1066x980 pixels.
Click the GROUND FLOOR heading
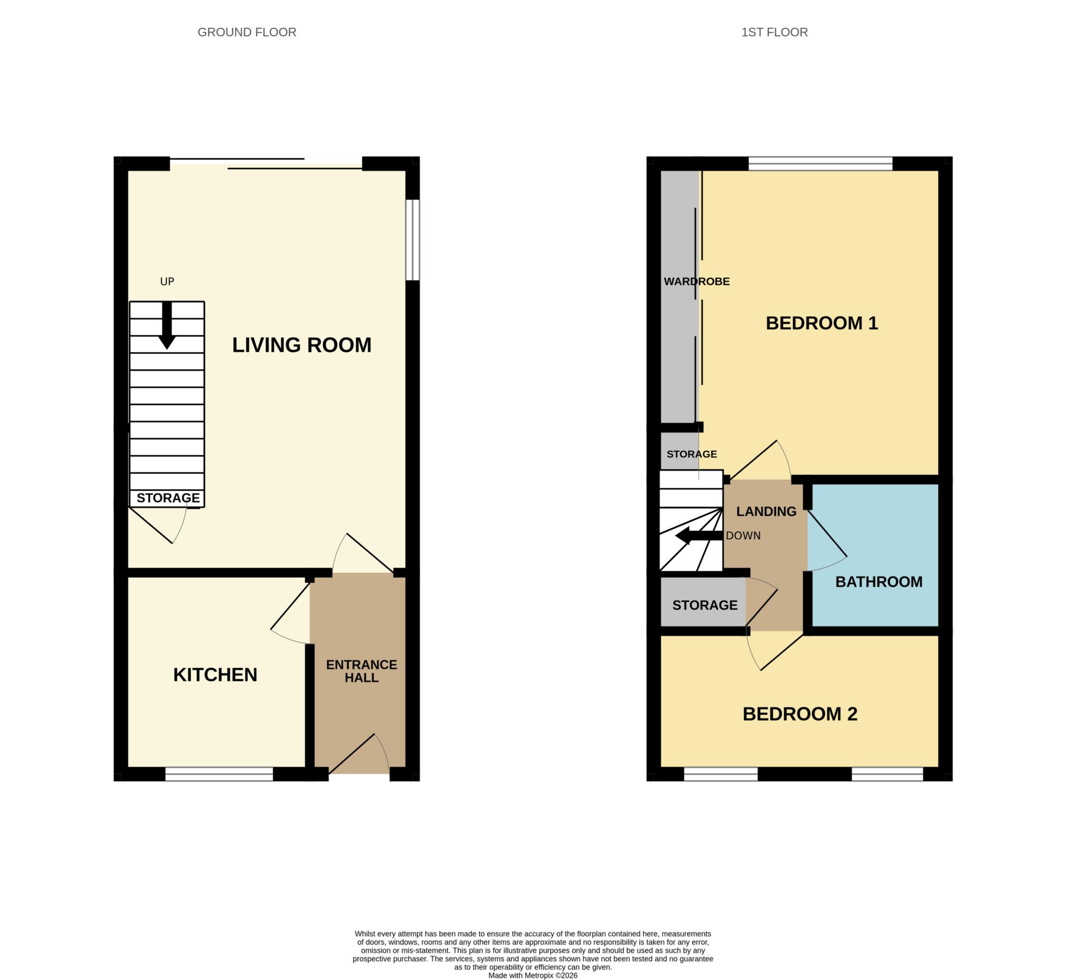pos(247,32)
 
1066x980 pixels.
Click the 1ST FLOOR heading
pos(774,32)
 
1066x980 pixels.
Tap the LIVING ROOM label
pos(301,345)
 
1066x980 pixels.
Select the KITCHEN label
pos(215,675)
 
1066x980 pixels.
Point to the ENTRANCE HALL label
pos(361,671)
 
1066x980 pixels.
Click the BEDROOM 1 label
pos(822,323)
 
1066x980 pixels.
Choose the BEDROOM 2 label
pos(800,714)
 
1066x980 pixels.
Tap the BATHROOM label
pos(879,582)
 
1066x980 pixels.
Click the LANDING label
pos(766,511)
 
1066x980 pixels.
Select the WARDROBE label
pos(697,281)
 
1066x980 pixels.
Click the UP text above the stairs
pos(167,281)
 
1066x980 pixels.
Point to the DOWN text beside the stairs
pos(743,536)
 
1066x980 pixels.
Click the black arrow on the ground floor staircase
pos(167,325)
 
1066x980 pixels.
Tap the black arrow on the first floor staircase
pos(699,536)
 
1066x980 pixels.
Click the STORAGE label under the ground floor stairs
pos(169,498)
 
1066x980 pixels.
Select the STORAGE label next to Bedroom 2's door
pos(705,605)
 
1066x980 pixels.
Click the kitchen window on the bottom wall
pos(219,774)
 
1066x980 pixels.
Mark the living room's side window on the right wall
pos(413,240)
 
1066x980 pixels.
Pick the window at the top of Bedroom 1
pos(820,164)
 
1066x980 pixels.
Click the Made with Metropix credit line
pos(532,975)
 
